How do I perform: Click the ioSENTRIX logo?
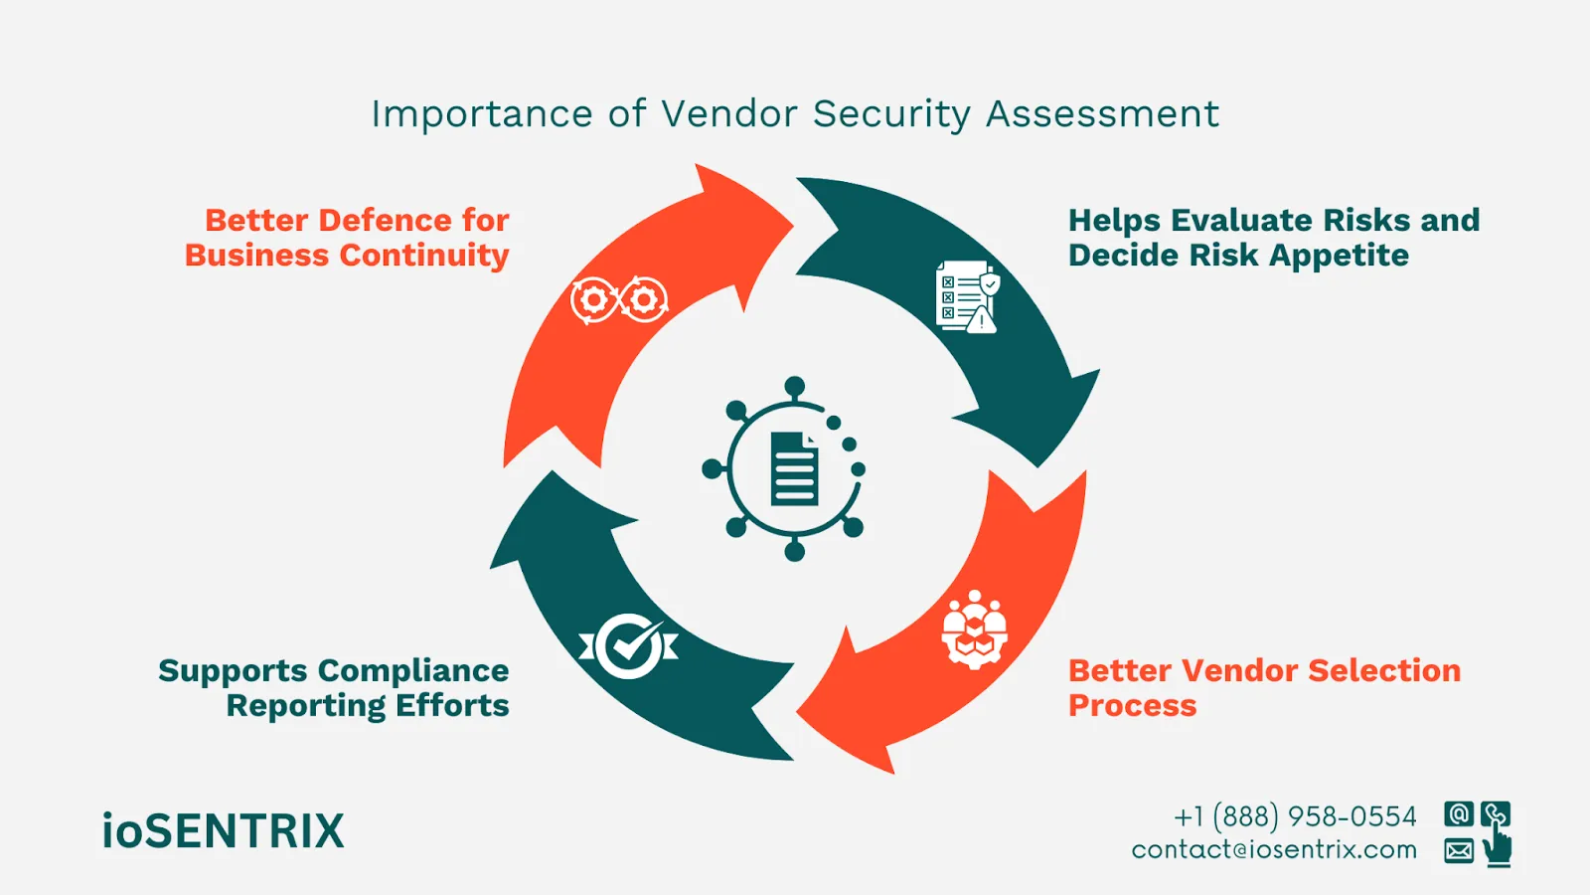pyautogui.click(x=223, y=831)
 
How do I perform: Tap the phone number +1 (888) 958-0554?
pyautogui.click(x=1295, y=816)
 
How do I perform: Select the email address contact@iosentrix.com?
pyautogui.click(x=1274, y=850)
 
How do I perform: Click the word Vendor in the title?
pyautogui.click(x=729, y=114)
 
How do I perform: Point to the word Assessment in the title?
pyautogui.click(x=1102, y=114)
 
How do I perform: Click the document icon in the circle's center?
pyautogui.click(x=794, y=468)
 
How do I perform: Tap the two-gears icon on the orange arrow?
pyautogui.click(x=619, y=299)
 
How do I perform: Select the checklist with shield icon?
pyautogui.click(x=967, y=296)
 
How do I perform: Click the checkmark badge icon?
pyautogui.click(x=628, y=646)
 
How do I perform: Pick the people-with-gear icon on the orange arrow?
pyautogui.click(x=974, y=629)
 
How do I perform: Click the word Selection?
pyautogui.click(x=1384, y=670)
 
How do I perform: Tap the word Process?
pyautogui.click(x=1132, y=706)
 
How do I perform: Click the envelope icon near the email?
pyautogui.click(x=1459, y=850)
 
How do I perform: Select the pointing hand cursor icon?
pyautogui.click(x=1497, y=847)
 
